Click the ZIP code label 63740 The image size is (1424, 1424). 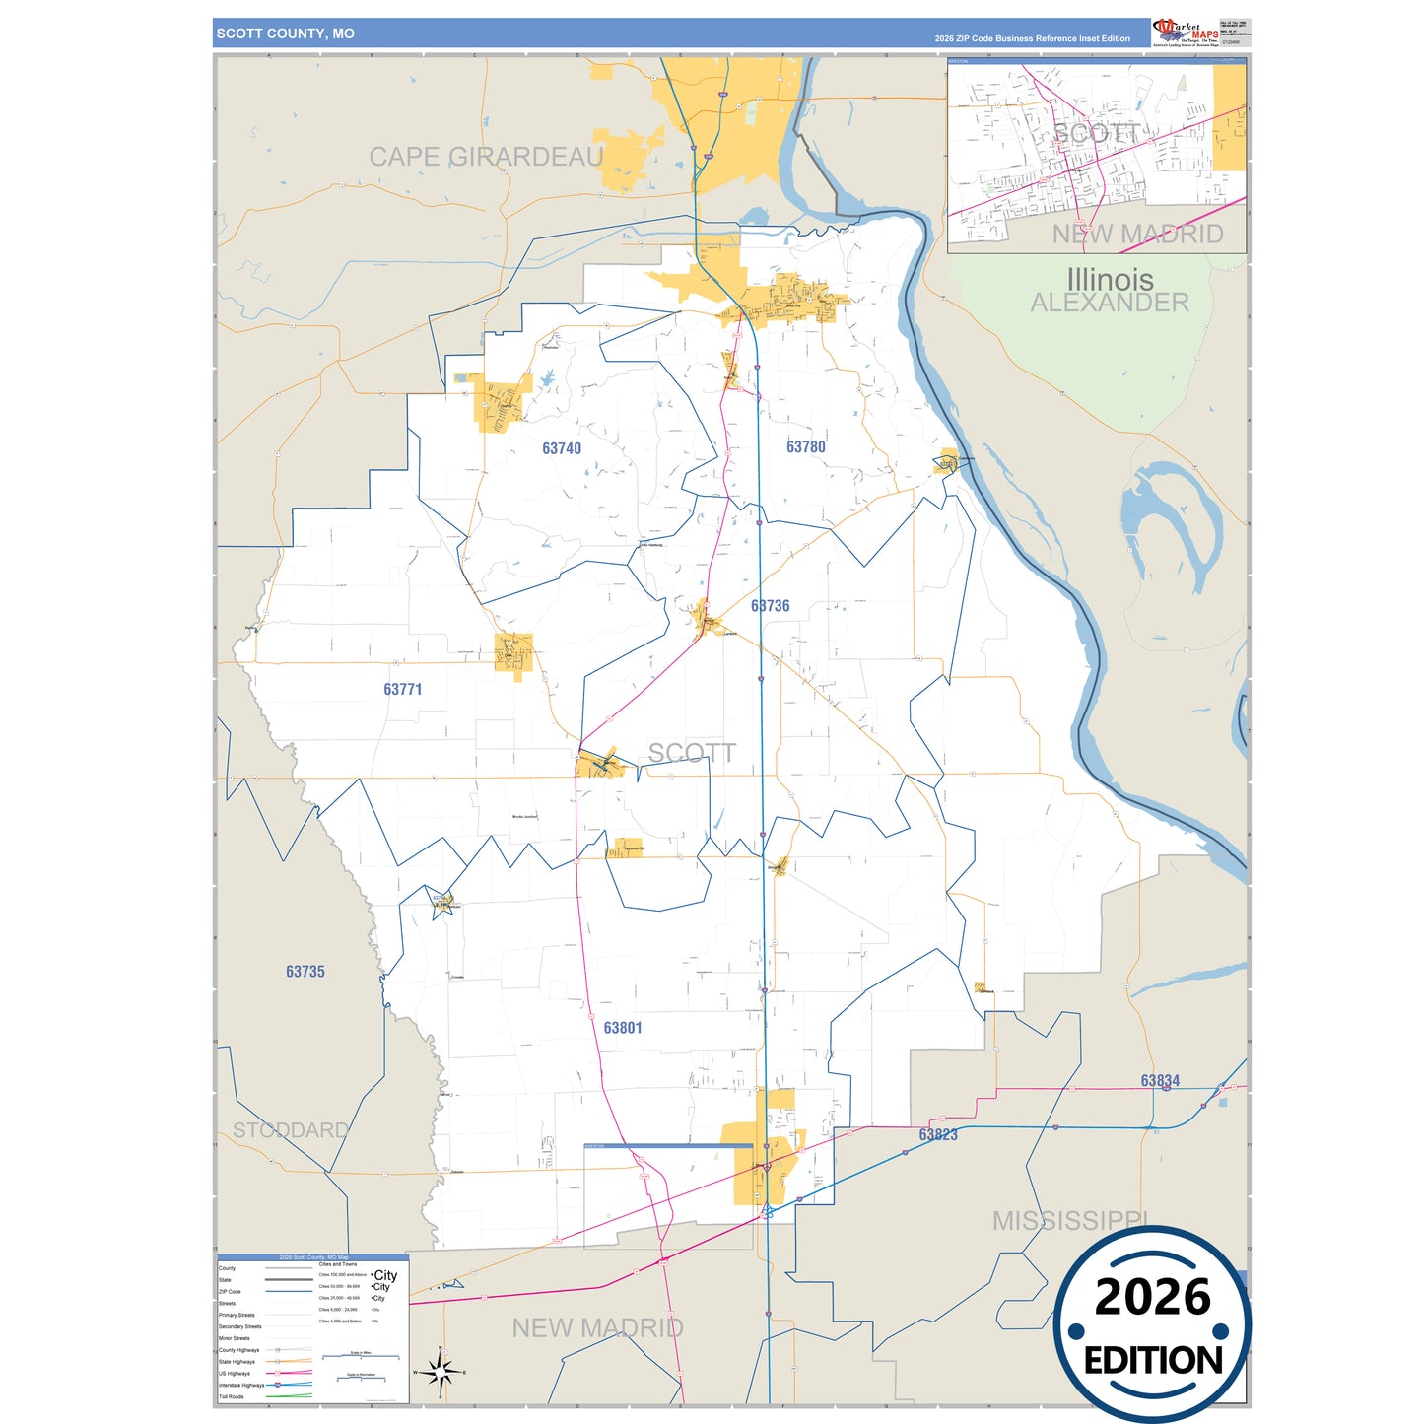(x=562, y=448)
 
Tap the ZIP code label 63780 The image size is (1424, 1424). (x=805, y=446)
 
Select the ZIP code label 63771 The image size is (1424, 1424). (x=402, y=689)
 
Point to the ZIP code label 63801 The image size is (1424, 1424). (x=622, y=1027)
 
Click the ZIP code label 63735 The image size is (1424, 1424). (x=305, y=971)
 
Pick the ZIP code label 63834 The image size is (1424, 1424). (x=1160, y=1080)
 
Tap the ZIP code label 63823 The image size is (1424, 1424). (x=937, y=1134)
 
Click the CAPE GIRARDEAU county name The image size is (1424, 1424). (x=486, y=156)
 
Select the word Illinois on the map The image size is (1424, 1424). (x=1110, y=279)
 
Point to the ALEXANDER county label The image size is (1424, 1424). (x=1110, y=303)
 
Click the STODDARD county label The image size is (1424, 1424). (x=291, y=1129)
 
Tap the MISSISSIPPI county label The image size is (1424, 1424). (x=1070, y=1220)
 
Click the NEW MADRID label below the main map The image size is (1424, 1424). (x=597, y=1327)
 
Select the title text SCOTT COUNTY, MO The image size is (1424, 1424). (x=286, y=34)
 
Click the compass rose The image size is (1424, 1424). (x=441, y=1371)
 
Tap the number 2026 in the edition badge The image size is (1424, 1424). (x=1152, y=1297)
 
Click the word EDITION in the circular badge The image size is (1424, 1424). (x=1152, y=1360)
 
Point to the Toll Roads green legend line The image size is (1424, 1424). (x=289, y=1395)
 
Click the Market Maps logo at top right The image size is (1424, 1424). (x=1186, y=32)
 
